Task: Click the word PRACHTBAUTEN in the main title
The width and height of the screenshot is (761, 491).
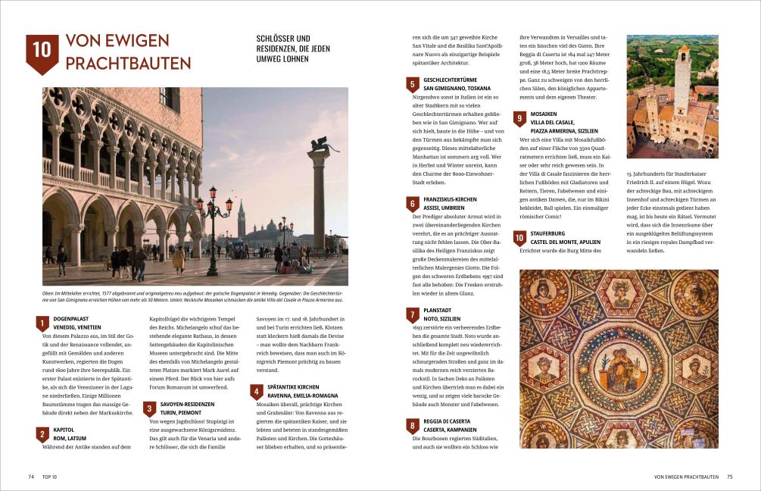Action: click(x=128, y=63)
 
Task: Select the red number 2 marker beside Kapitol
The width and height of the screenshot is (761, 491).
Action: click(x=42, y=433)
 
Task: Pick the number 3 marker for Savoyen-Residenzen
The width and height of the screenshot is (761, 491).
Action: click(x=150, y=409)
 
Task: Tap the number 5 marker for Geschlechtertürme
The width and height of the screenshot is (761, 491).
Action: click(x=413, y=84)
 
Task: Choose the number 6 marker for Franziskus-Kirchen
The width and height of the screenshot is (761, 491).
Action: click(x=413, y=204)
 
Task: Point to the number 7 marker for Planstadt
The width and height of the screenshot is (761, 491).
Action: click(x=413, y=314)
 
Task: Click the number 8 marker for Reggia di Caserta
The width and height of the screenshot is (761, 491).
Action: click(x=413, y=425)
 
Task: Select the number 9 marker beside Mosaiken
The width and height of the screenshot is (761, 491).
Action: click(x=519, y=118)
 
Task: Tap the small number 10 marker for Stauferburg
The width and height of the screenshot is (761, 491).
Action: click(x=519, y=239)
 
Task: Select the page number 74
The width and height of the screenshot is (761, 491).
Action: click(x=31, y=477)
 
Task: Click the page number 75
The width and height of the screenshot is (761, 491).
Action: click(x=729, y=477)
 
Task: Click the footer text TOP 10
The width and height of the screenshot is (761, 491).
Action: click(x=49, y=477)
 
